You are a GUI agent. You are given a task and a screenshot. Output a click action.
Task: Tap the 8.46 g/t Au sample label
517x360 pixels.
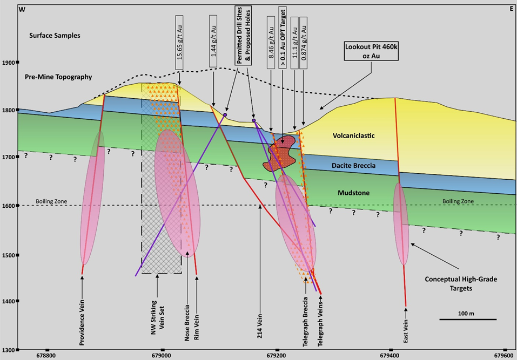pyautogui.click(x=271, y=33)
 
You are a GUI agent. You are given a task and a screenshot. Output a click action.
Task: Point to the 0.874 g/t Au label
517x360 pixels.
pyautogui.click(x=304, y=33)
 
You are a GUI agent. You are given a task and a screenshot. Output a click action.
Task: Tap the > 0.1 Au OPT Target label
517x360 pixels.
pyautogui.click(x=282, y=36)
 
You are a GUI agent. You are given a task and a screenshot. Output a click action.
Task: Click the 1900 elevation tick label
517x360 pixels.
pyautogui.click(x=9, y=63)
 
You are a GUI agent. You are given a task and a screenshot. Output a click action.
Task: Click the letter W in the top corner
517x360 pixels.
pyautogui.click(x=22, y=9)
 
